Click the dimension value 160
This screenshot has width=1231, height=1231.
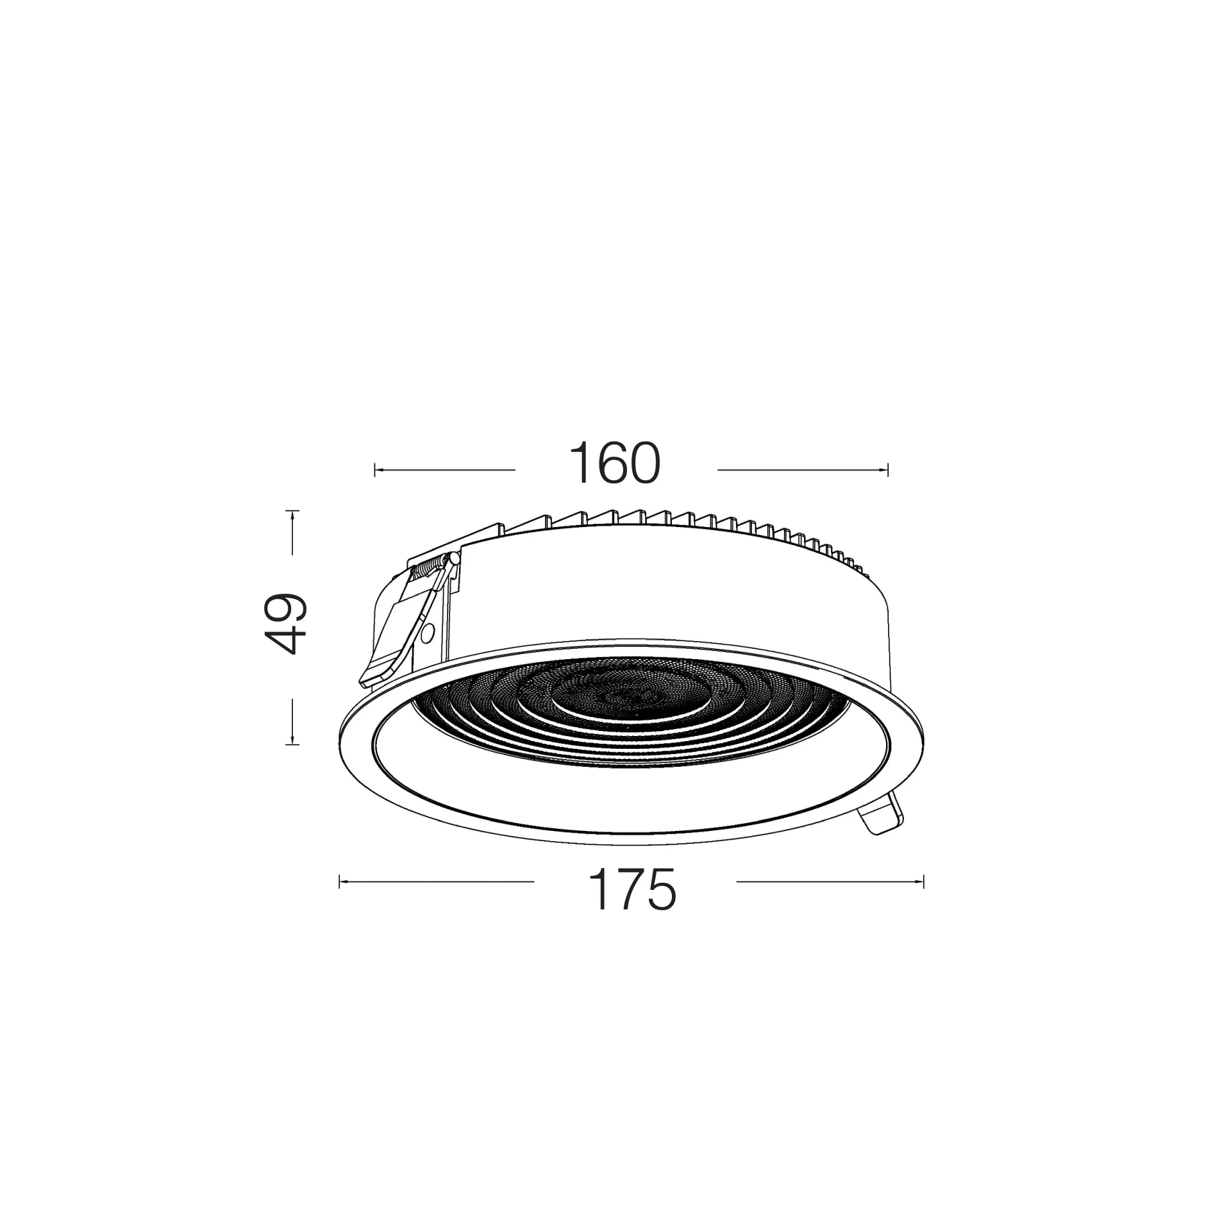[x=614, y=463]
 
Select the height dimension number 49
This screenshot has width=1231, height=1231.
[x=285, y=623]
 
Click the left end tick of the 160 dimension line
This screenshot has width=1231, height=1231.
[x=375, y=470]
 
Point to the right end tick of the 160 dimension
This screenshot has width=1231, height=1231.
[x=888, y=470]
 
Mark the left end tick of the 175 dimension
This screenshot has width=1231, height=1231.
[x=339, y=882]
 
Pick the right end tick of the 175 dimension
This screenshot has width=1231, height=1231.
[x=923, y=882]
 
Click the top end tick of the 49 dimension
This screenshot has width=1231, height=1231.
[x=292, y=510]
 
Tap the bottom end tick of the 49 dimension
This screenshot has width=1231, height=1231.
[x=292, y=744]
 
